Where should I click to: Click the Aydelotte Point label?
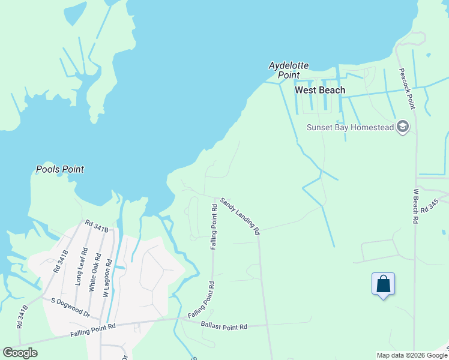tap(284, 70)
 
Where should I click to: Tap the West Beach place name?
tap(320, 90)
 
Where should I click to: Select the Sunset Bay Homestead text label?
tap(350, 127)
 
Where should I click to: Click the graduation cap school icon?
tap(402, 127)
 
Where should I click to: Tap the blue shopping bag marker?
tap(383, 284)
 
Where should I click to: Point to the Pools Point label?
tap(60, 169)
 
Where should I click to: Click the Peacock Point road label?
tap(407, 88)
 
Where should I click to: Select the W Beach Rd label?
tap(415, 206)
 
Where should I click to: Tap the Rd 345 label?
tap(430, 207)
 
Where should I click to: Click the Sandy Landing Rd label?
tap(240, 215)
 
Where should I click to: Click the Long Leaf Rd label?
tap(79, 266)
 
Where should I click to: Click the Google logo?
tap(20, 353)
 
